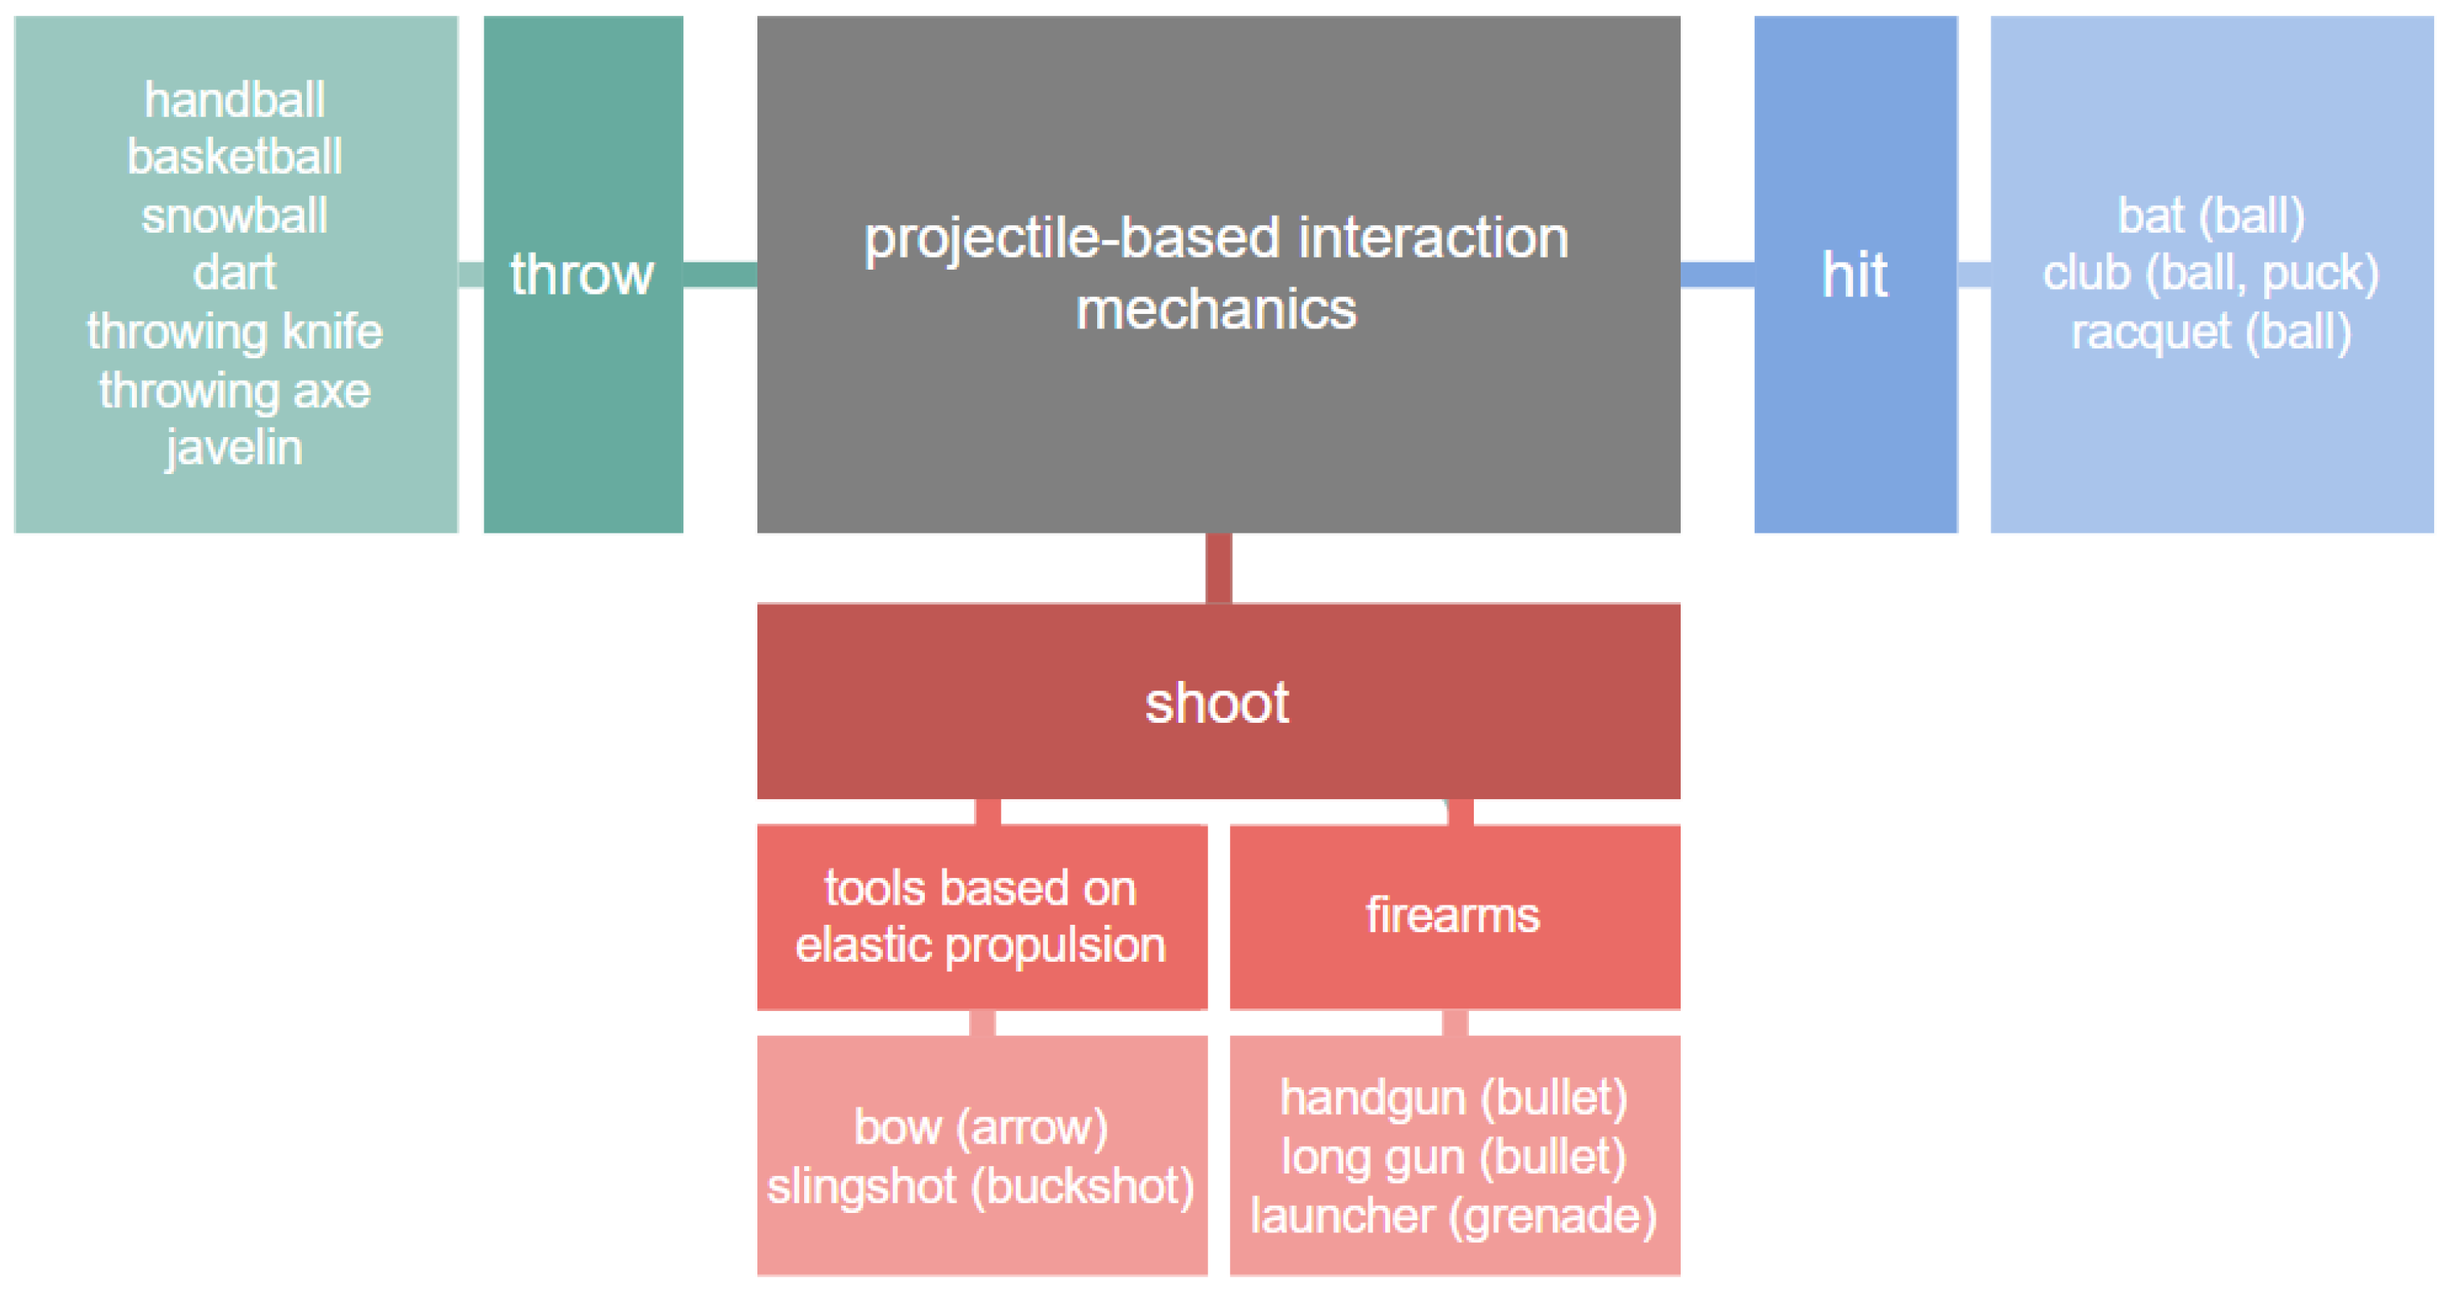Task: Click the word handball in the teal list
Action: tap(234, 100)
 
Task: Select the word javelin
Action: tap(234, 447)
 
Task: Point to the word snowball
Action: tap(234, 216)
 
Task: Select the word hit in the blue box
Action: tap(1855, 275)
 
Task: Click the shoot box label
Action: tap(1217, 703)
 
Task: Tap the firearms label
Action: tap(1453, 915)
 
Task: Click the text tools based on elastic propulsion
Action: tap(981, 916)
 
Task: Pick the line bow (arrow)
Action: tap(981, 1128)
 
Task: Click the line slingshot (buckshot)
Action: tap(981, 1186)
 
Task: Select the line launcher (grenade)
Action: tap(1453, 1216)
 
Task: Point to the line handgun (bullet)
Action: tap(1453, 1098)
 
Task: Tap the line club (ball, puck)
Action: tap(2210, 274)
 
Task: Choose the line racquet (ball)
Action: tap(2210, 333)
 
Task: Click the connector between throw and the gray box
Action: tap(720, 275)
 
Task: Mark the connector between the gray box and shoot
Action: tap(1218, 568)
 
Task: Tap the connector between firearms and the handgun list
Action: tap(1455, 1023)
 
